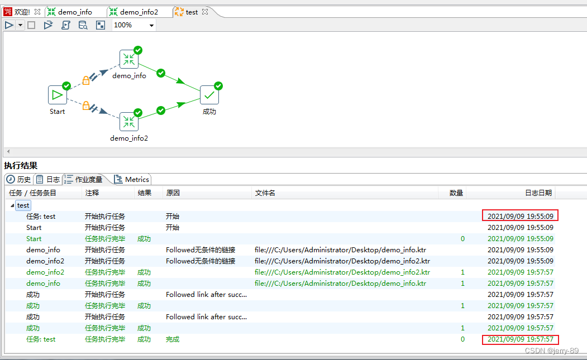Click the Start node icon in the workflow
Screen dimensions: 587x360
[x=57, y=95]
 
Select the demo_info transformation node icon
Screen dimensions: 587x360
[x=129, y=59]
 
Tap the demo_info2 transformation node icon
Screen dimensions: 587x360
[x=129, y=122]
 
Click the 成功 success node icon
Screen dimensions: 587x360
[x=209, y=95]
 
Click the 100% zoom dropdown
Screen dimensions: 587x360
[x=134, y=25]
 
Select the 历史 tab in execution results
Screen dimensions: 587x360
[x=19, y=179]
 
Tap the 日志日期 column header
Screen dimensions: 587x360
[x=538, y=193]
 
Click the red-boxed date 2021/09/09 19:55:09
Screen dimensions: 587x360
[x=521, y=216]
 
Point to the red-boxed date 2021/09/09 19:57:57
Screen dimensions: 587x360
[x=521, y=339]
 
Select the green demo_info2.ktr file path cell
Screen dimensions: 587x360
[x=342, y=272]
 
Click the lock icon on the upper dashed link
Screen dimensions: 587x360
[x=86, y=80]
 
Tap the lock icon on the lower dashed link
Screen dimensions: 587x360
[x=86, y=105]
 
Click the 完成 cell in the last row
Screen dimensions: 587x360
[x=173, y=339]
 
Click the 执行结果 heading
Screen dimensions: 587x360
[x=21, y=165]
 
